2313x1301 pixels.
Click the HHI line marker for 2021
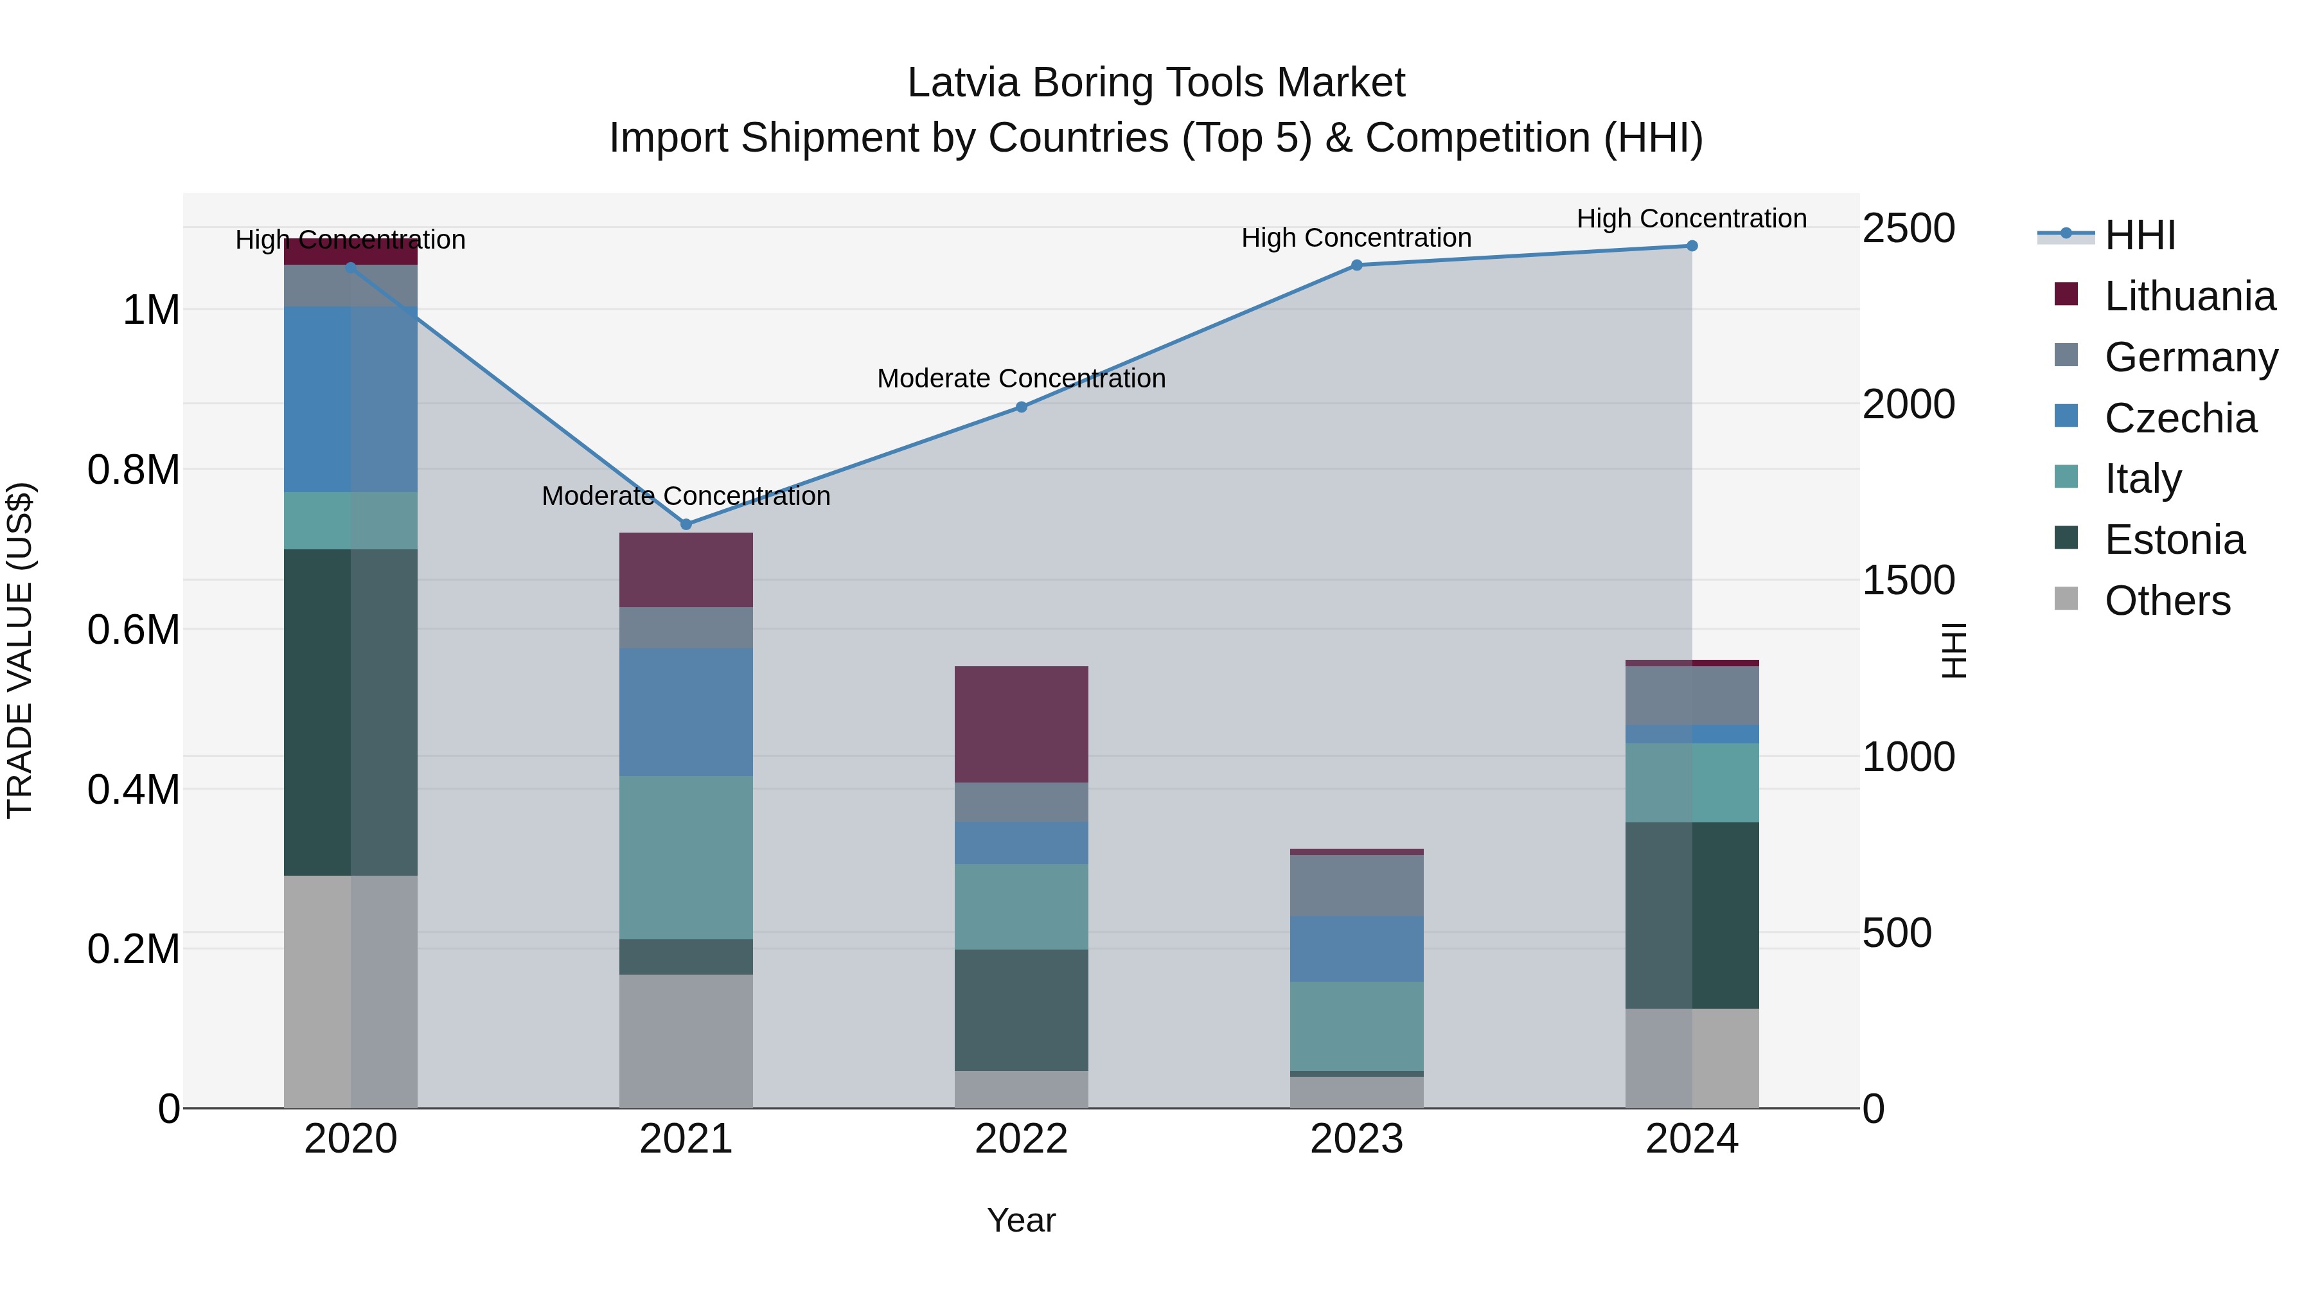pyautogui.click(x=686, y=524)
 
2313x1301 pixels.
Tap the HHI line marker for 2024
pyautogui.click(x=1692, y=246)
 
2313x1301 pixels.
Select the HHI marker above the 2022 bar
pyautogui.click(x=1021, y=407)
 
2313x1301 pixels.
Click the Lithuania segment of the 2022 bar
pyautogui.click(x=1021, y=723)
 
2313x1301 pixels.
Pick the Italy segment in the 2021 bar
pyautogui.click(x=686, y=858)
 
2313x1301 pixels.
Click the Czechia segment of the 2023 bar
pyautogui.click(x=1356, y=948)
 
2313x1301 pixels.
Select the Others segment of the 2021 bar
pyautogui.click(x=686, y=1041)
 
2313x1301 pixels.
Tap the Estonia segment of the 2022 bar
pyautogui.click(x=1021, y=1009)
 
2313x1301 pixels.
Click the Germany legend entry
pyautogui.click(x=2190, y=357)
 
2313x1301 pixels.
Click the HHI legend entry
pyautogui.click(x=2140, y=235)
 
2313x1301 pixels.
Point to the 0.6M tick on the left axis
pyautogui.click(x=133, y=630)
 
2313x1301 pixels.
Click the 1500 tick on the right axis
pyautogui.click(x=1908, y=580)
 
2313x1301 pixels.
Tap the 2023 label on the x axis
pyautogui.click(x=1356, y=1138)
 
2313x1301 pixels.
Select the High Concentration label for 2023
pyautogui.click(x=1356, y=238)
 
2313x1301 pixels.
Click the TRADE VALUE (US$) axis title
pyautogui.click(x=20, y=650)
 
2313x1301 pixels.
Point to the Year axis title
pyautogui.click(x=1021, y=1220)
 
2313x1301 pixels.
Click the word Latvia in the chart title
pyautogui.click(x=964, y=83)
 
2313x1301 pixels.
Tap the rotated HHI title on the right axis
pyautogui.click(x=1954, y=650)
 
